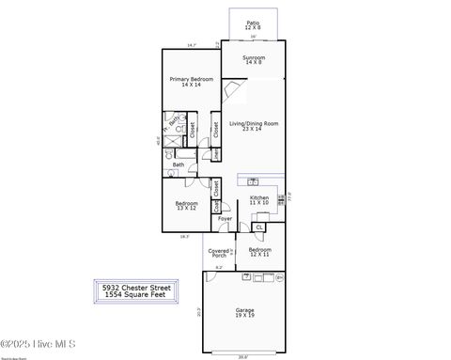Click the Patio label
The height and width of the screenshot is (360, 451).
tap(253, 23)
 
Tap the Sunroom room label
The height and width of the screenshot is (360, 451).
tap(254, 57)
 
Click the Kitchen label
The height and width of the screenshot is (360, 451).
tap(259, 197)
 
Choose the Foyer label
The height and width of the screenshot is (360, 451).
tap(225, 218)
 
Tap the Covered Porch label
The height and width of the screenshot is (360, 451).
tap(218, 253)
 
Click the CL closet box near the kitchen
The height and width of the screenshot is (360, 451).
tap(259, 227)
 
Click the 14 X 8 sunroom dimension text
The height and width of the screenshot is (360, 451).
tap(254, 63)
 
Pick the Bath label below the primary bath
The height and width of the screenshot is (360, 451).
tap(179, 164)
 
